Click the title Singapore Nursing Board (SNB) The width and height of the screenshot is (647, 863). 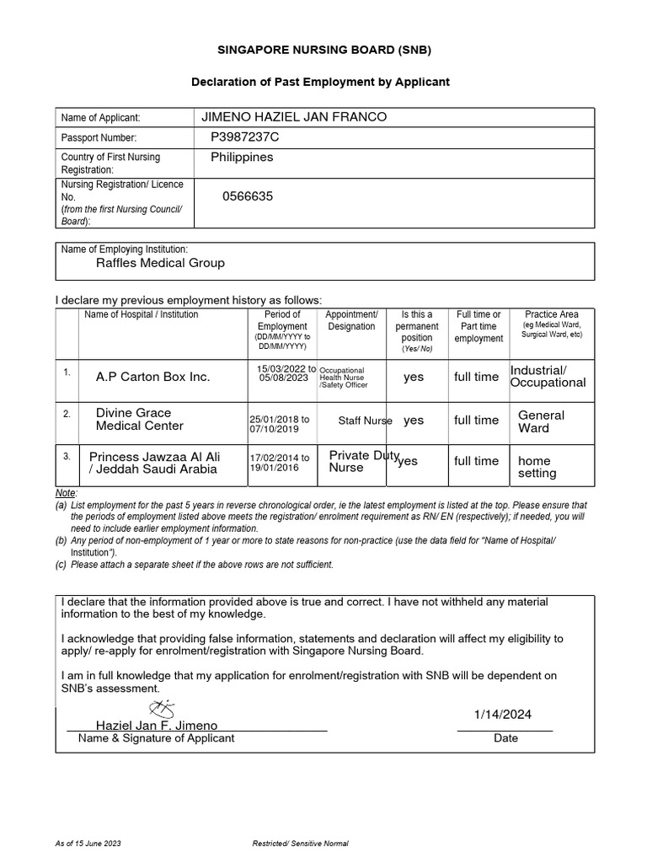coord(323,50)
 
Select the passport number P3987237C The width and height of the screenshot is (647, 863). coord(245,137)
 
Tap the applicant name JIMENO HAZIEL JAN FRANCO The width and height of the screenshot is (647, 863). coord(291,116)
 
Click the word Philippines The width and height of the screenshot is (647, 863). coord(242,157)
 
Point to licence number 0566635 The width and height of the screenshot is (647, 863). coord(248,196)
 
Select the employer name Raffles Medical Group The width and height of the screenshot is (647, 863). coord(160,263)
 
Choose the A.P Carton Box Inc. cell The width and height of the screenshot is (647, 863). coord(153,377)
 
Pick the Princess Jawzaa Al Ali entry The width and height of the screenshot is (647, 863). coord(154,462)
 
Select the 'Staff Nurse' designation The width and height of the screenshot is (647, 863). coord(365,421)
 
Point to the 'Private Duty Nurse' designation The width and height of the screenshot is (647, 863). coord(362,461)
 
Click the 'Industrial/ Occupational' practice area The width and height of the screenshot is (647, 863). coord(548,376)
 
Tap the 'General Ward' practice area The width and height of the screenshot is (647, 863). coord(541,421)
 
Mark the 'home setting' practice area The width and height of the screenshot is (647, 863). coord(537,467)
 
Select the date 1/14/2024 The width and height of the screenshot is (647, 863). coord(503,715)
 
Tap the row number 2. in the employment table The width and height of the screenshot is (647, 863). coord(67,415)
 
